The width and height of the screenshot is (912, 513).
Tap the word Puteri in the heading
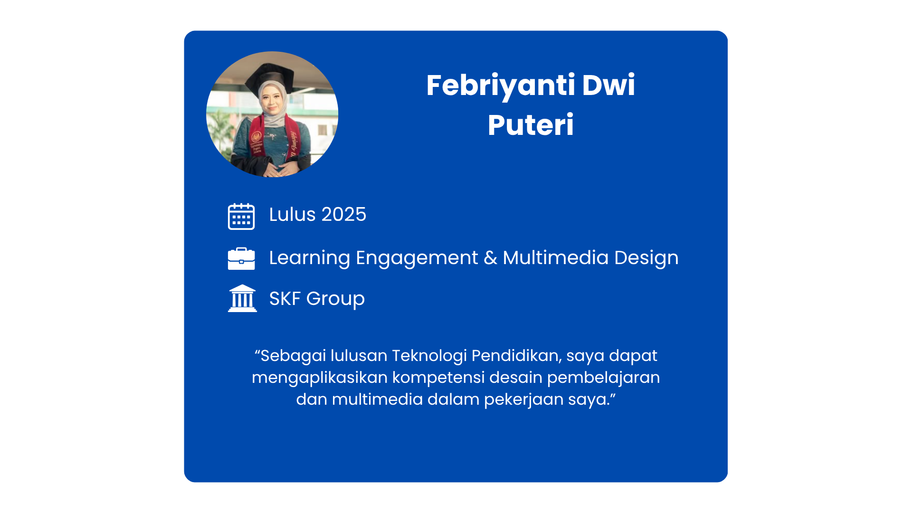click(531, 125)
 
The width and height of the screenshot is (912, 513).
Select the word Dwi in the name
click(609, 85)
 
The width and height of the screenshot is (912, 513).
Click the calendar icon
click(241, 216)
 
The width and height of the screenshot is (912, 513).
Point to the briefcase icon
click(241, 258)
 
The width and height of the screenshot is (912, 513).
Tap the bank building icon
click(242, 298)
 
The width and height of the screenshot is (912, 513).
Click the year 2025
click(344, 215)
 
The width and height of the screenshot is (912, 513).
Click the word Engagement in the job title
click(417, 258)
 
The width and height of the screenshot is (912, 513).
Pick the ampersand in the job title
click(491, 258)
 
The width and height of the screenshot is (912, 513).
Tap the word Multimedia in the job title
click(556, 257)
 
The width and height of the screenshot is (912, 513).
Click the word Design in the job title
click(646, 258)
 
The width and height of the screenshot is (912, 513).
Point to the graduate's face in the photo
click(272, 100)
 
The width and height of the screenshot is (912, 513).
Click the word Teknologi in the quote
click(429, 356)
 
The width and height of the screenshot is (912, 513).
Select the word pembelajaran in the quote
click(603, 378)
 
